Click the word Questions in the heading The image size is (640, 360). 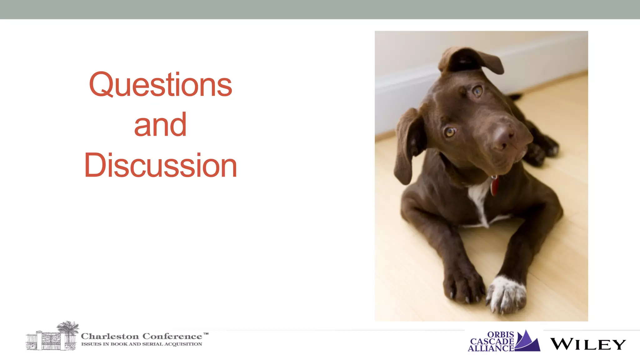coord(160,85)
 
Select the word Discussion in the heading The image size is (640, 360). coord(160,166)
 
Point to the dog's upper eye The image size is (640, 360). coord(477,91)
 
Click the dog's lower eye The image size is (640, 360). coord(450,132)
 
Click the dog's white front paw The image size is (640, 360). coord(506,294)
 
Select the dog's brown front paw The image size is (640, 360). coord(462,286)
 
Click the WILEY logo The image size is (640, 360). coord(587,344)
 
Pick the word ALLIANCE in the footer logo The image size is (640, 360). coord(491,348)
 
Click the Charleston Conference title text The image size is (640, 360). coord(141,336)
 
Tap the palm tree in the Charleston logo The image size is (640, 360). coord(68,328)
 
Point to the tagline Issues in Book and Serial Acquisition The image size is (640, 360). coord(141,344)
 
